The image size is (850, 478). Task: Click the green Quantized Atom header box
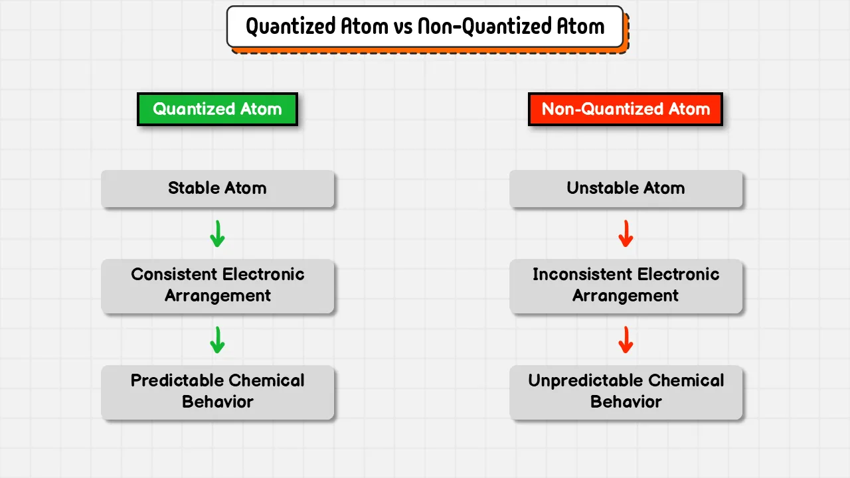[x=217, y=110]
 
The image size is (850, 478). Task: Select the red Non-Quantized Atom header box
[x=626, y=110]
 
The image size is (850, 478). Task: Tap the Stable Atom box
[x=217, y=189]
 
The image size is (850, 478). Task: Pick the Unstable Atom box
[x=626, y=189]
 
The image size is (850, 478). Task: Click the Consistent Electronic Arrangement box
[x=217, y=286]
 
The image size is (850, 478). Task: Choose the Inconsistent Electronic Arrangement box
[x=626, y=286]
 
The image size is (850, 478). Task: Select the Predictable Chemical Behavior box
[x=217, y=392]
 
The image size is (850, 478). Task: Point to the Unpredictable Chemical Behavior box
[x=626, y=392]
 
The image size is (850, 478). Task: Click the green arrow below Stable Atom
[x=217, y=234]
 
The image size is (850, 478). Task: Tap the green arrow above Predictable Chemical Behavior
[x=217, y=340]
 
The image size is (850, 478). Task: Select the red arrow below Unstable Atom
[x=626, y=234]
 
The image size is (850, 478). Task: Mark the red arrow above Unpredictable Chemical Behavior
[x=626, y=340]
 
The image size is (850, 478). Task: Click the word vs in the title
[x=403, y=27]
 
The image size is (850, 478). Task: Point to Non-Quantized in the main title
[x=485, y=27]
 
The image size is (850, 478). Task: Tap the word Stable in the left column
[x=193, y=188]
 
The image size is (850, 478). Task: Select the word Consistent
[x=174, y=274]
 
